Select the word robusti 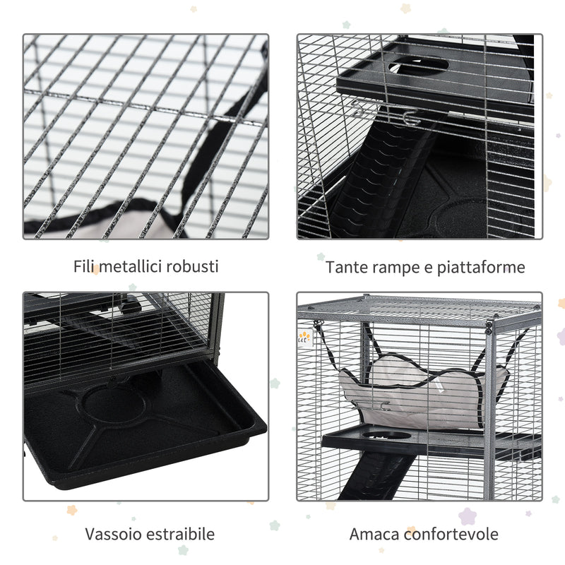193,266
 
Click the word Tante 345,268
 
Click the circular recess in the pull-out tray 114,404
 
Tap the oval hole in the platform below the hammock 392,436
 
